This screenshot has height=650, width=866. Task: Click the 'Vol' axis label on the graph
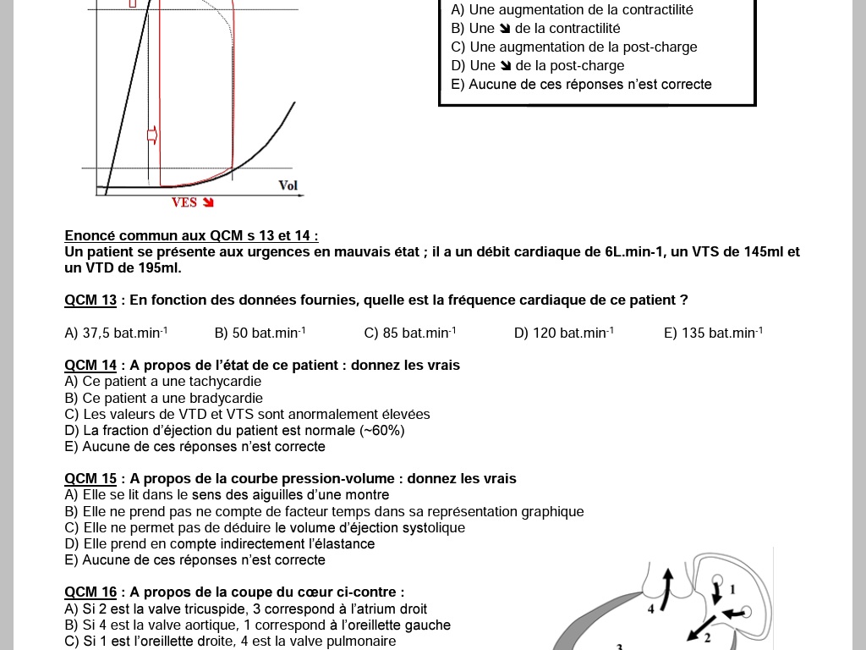288,185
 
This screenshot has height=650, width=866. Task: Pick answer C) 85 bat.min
409,333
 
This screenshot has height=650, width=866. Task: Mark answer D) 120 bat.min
563,333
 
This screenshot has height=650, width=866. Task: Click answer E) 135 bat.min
713,333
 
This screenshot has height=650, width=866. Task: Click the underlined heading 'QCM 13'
90,300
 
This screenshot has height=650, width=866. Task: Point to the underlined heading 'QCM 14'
90,366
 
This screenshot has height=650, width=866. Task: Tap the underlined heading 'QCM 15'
90,479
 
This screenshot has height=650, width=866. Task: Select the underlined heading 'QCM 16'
90,592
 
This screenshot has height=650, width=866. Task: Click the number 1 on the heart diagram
732,589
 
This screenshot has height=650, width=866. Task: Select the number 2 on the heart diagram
708,636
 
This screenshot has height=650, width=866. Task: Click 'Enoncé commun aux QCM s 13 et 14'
191,236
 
